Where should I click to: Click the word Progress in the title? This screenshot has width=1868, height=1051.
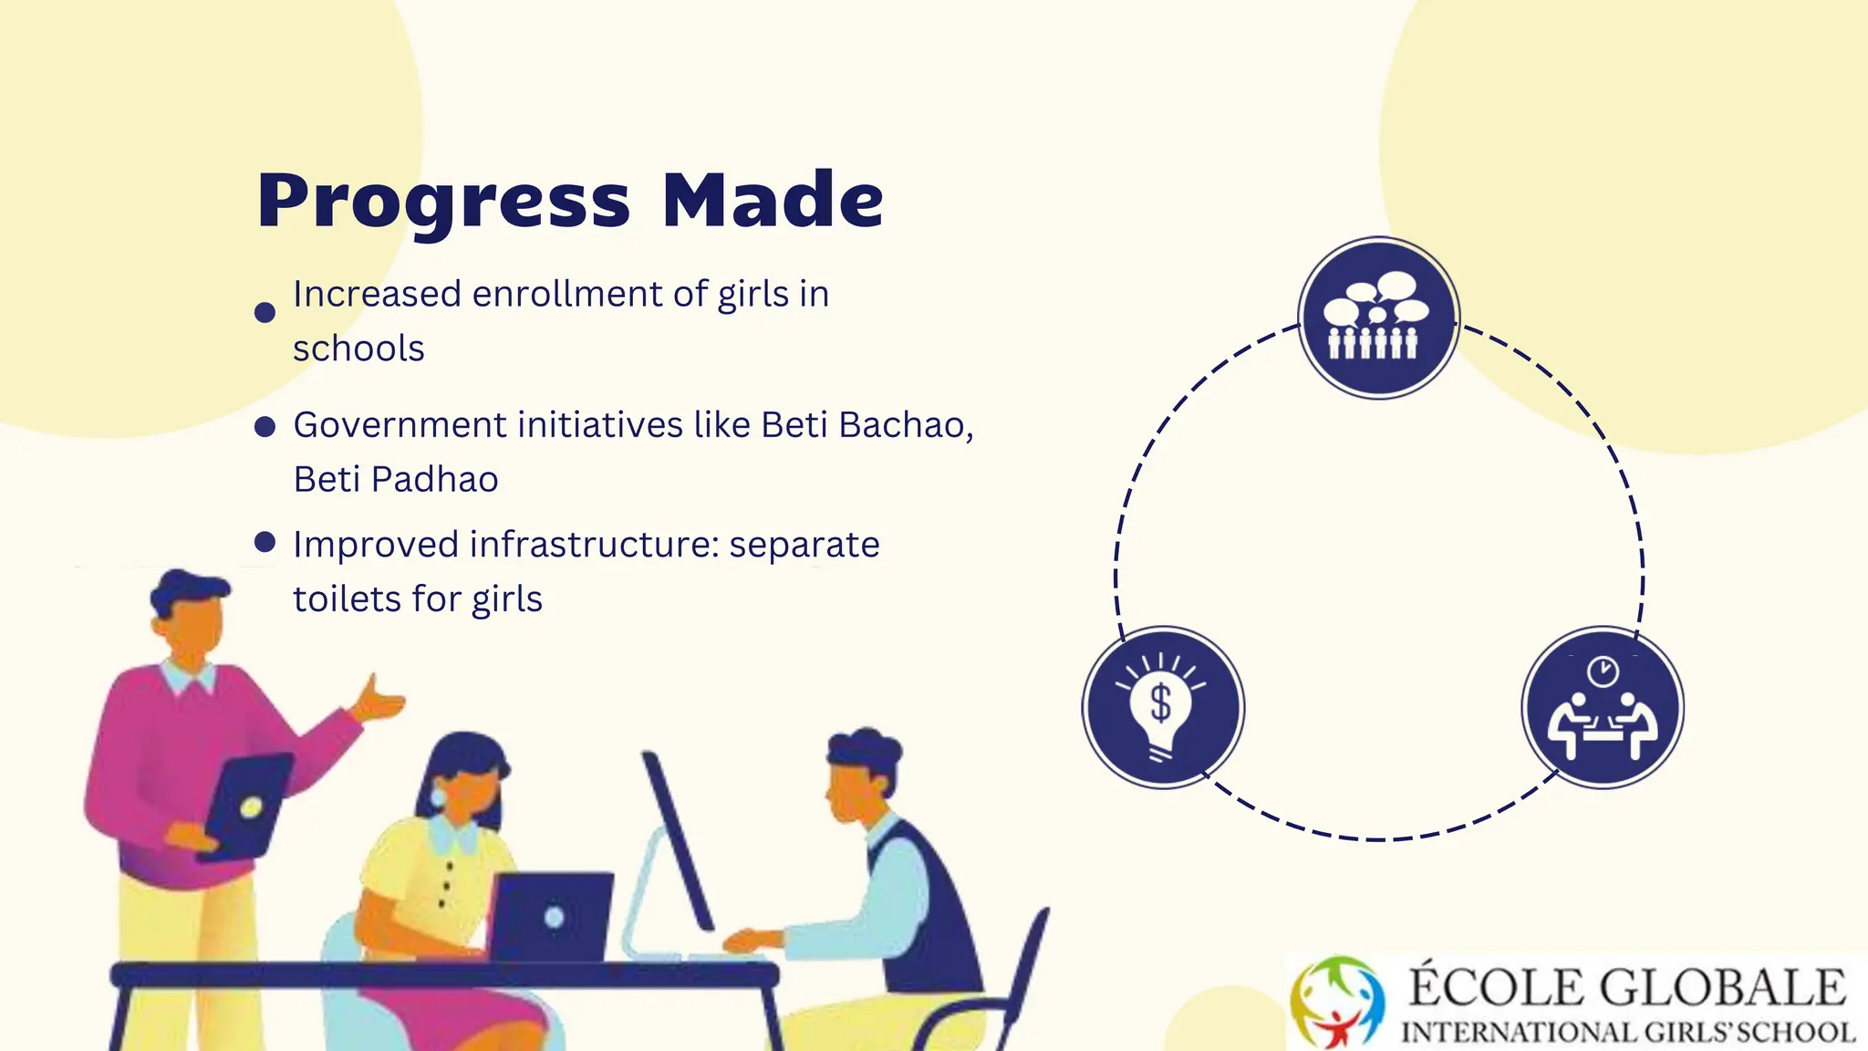click(x=443, y=201)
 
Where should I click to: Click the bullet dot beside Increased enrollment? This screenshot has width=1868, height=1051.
click(x=265, y=313)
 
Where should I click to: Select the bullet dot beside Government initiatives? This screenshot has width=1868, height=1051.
click(x=265, y=427)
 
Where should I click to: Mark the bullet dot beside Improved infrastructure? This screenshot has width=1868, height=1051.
click(x=265, y=543)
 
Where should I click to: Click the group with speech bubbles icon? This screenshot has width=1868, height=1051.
click(x=1378, y=317)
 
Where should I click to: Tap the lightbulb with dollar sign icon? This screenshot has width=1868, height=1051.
click(x=1162, y=708)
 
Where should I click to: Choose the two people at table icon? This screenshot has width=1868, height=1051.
click(x=1603, y=708)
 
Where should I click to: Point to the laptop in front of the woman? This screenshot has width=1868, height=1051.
click(x=551, y=916)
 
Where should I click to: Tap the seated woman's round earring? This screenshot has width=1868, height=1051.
click(x=439, y=796)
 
